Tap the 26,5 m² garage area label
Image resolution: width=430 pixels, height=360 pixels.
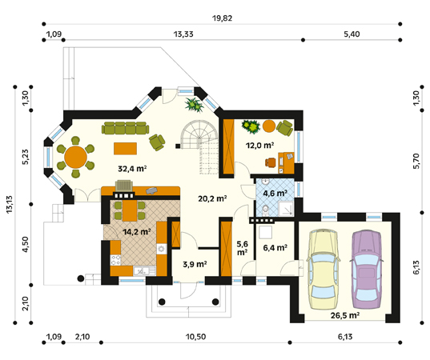pyautogui.click(x=343, y=314)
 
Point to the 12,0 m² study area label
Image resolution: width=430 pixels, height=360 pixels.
pyautogui.click(x=260, y=145)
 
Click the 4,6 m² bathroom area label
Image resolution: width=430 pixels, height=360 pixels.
pyautogui.click(x=276, y=193)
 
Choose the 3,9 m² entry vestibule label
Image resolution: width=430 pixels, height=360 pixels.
pyautogui.click(x=195, y=263)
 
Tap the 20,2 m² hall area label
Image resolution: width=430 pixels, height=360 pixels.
pyautogui.click(x=212, y=198)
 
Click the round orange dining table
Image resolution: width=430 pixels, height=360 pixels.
pyautogui.click(x=75, y=155)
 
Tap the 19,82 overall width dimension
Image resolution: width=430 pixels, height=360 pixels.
pyautogui.click(x=223, y=20)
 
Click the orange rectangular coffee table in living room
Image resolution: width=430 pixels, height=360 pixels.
pyautogui.click(x=124, y=147)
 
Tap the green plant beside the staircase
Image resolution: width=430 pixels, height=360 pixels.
pyautogui.click(x=192, y=105)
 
